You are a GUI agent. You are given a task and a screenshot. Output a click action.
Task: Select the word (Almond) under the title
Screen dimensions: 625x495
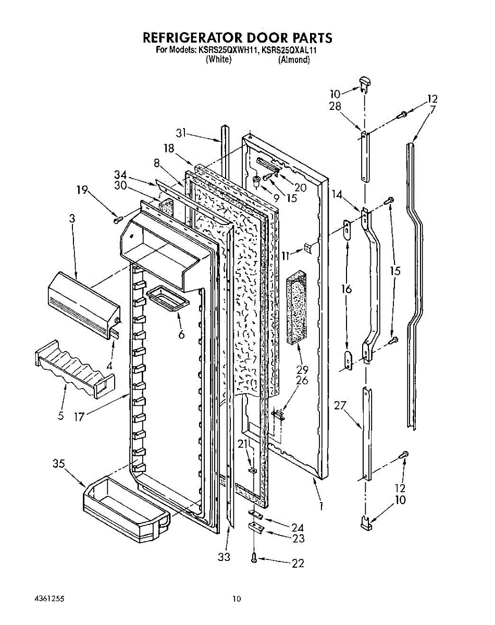pyautogui.click(x=294, y=60)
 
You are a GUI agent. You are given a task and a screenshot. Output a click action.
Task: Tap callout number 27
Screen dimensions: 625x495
pyautogui.click(x=340, y=405)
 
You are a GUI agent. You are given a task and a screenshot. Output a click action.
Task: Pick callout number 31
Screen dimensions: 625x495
pyautogui.click(x=180, y=133)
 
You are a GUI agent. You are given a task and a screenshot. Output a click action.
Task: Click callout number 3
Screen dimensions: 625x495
pyautogui.click(x=72, y=219)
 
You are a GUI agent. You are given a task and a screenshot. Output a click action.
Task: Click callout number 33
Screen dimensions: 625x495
pyautogui.click(x=224, y=557)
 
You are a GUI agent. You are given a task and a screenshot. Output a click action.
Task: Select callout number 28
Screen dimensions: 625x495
pyautogui.click(x=335, y=106)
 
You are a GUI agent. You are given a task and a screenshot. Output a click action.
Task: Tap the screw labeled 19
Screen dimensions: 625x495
pyautogui.click(x=117, y=220)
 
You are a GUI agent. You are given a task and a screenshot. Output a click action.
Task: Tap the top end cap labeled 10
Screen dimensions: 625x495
pyautogui.click(x=365, y=81)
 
